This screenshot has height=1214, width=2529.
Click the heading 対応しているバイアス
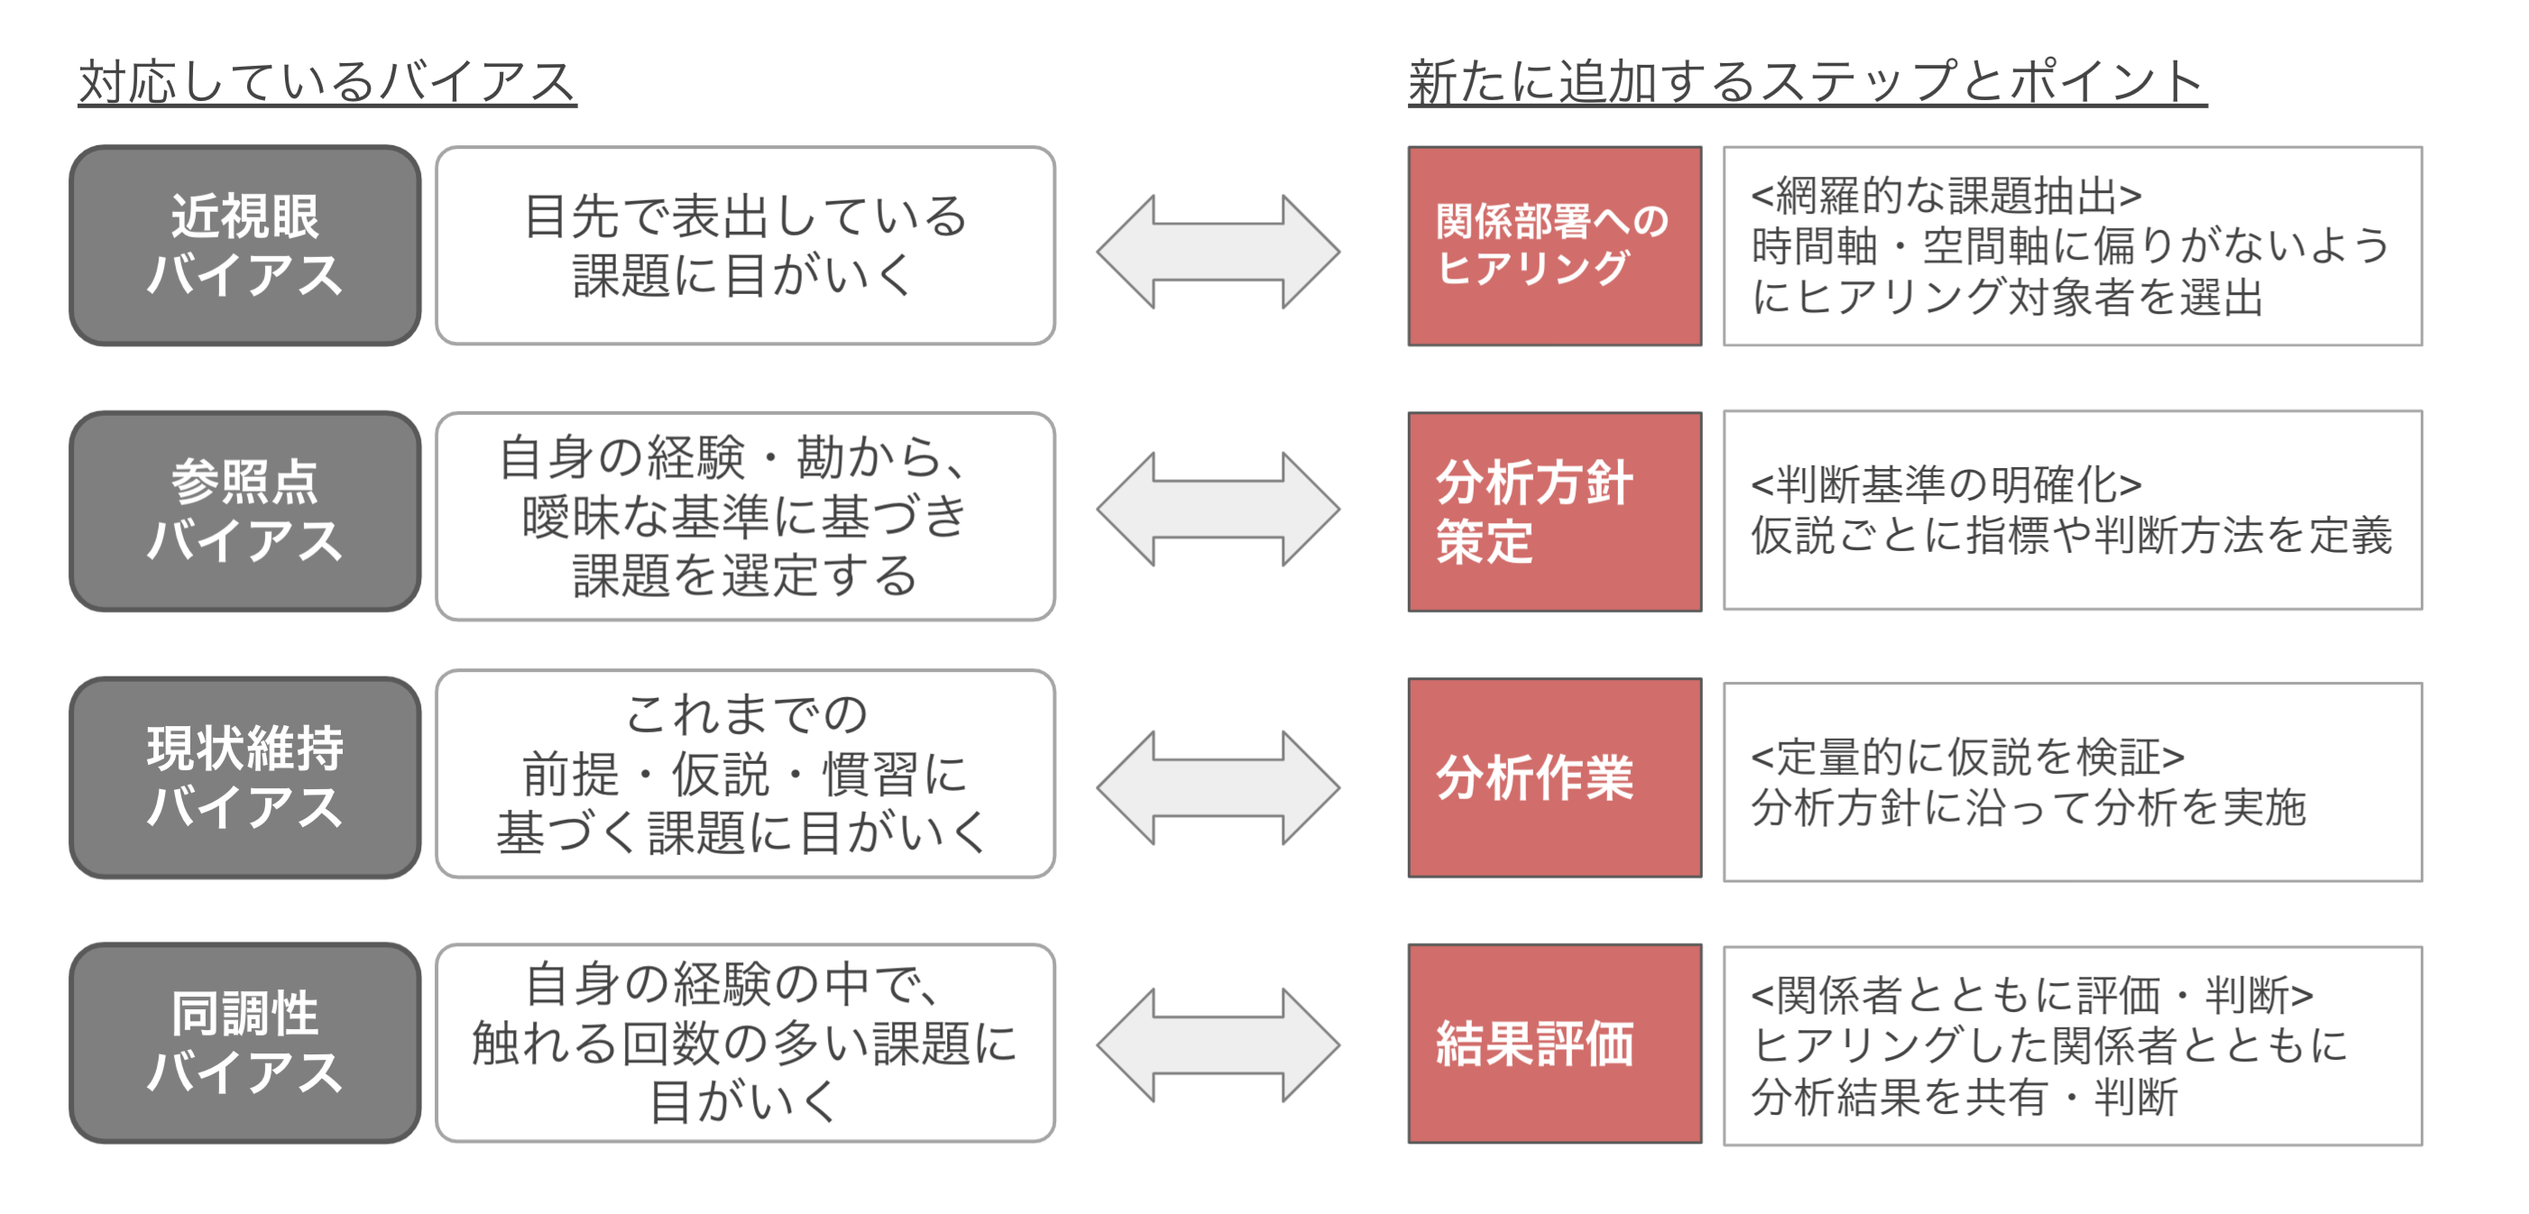pyautogui.click(x=326, y=80)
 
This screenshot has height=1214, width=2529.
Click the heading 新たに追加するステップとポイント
pyautogui.click(x=1807, y=80)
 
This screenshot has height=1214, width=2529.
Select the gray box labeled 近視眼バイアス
pyautogui.click(x=244, y=245)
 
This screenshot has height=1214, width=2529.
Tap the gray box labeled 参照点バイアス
pyautogui.click(x=244, y=511)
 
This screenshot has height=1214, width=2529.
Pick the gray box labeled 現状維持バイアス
pyautogui.click(x=244, y=777)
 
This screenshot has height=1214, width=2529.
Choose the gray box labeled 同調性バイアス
pyautogui.click(x=244, y=1044)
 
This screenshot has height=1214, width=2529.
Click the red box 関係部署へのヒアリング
pyautogui.click(x=1554, y=245)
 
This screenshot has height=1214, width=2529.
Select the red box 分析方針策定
pyautogui.click(x=1554, y=511)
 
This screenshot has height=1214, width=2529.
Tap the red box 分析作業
pyautogui.click(x=1554, y=777)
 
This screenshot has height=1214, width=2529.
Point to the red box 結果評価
pyautogui.click(x=1554, y=1044)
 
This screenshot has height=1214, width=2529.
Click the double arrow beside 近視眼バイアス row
pyautogui.click(x=1218, y=253)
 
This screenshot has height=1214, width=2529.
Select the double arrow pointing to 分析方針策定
pyautogui.click(x=1218, y=510)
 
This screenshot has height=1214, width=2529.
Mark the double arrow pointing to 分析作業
pyautogui.click(x=1218, y=787)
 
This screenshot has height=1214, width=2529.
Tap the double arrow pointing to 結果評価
pyautogui.click(x=1218, y=1045)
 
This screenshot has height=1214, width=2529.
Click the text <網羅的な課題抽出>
pyautogui.click(x=1945, y=196)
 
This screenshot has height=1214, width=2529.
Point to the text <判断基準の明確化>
pyautogui.click(x=1945, y=483)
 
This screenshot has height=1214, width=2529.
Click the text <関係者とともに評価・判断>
pyautogui.click(x=2031, y=995)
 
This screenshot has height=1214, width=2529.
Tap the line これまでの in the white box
pyautogui.click(x=745, y=713)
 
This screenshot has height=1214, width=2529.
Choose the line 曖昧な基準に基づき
pyautogui.click(x=745, y=516)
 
